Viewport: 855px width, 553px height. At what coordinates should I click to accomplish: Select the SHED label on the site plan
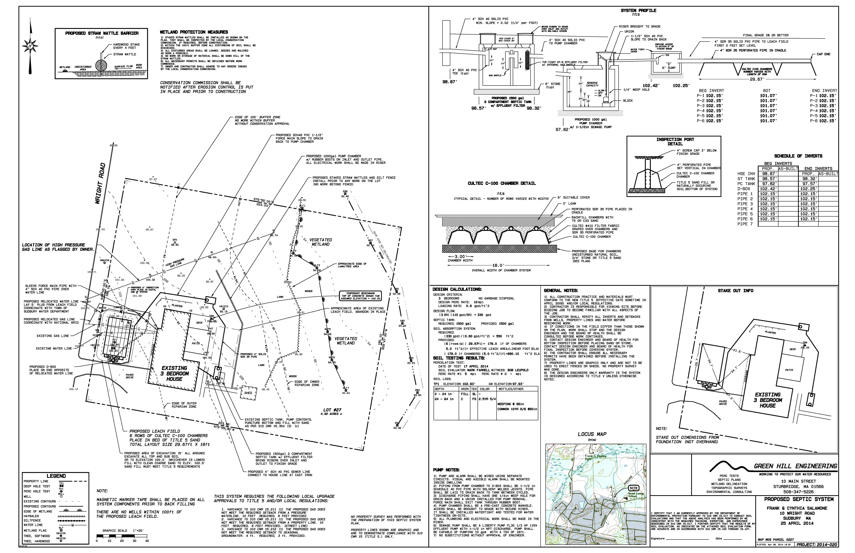click(x=248, y=393)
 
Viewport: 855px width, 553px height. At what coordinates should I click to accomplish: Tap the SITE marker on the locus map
click(x=633, y=488)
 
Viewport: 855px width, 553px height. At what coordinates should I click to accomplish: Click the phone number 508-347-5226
click(x=798, y=492)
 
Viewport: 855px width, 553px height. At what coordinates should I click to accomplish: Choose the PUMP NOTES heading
click(x=446, y=470)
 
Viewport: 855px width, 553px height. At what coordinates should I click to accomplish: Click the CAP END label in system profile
click(x=823, y=54)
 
